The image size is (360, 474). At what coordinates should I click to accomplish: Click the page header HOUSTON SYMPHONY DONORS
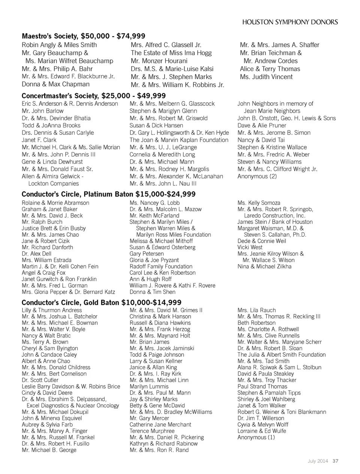point(290,22)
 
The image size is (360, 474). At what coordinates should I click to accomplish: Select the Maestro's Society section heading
point(83,36)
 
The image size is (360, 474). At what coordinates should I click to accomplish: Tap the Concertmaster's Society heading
point(93,96)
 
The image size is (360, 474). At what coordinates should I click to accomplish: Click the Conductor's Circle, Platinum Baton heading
point(108,194)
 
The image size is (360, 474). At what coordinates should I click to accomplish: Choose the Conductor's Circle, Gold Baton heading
point(101,302)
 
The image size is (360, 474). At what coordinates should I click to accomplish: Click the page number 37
point(335,461)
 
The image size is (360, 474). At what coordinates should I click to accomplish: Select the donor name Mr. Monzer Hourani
point(159,61)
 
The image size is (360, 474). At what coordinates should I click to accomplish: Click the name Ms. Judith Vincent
point(266,77)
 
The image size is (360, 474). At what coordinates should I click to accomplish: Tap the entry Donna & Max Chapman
point(55,84)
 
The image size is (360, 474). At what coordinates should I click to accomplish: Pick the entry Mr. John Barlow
point(43,111)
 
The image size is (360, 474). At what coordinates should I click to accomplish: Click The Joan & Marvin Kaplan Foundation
point(179,140)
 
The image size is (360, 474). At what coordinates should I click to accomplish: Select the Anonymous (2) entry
point(257,176)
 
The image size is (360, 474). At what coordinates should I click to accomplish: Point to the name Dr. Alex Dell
point(36,254)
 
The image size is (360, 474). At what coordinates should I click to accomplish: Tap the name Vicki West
point(250,247)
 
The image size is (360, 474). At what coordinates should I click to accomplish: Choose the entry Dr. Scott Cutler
point(40,380)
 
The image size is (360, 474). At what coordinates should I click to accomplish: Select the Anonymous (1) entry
point(256,437)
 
